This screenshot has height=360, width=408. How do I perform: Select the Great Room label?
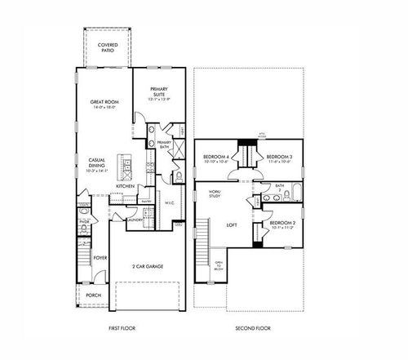coord(104,104)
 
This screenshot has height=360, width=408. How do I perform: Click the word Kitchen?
coord(125,186)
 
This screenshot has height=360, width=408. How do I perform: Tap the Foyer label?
coord(100,257)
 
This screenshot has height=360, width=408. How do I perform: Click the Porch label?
coord(94,296)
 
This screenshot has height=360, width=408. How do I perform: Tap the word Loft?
coord(232,224)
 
